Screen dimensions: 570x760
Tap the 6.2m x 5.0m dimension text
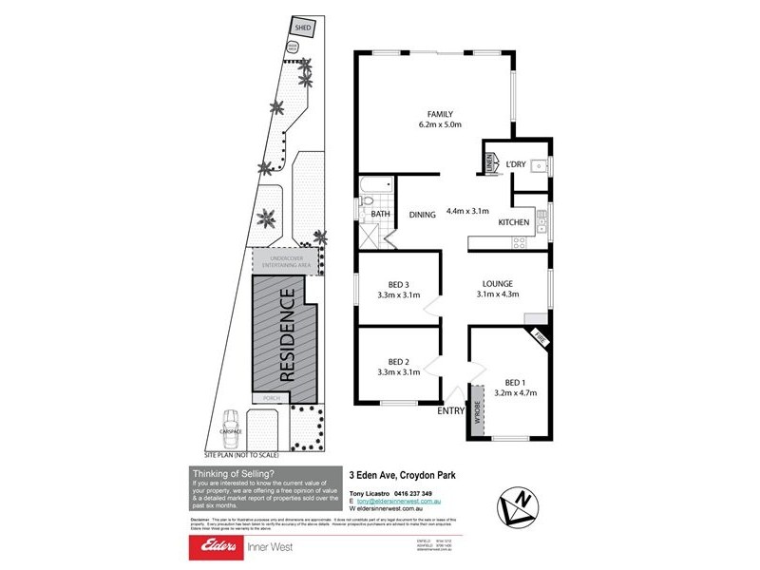(439, 124)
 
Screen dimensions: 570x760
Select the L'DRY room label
(516, 165)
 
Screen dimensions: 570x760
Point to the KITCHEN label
(514, 222)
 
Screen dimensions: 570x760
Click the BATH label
(381, 215)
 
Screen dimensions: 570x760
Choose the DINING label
(423, 215)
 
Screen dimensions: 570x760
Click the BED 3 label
(398, 284)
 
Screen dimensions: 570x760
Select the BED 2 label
(398, 361)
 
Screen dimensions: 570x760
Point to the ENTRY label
(451, 411)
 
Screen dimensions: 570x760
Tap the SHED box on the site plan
(303, 28)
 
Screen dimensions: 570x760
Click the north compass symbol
(521, 505)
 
